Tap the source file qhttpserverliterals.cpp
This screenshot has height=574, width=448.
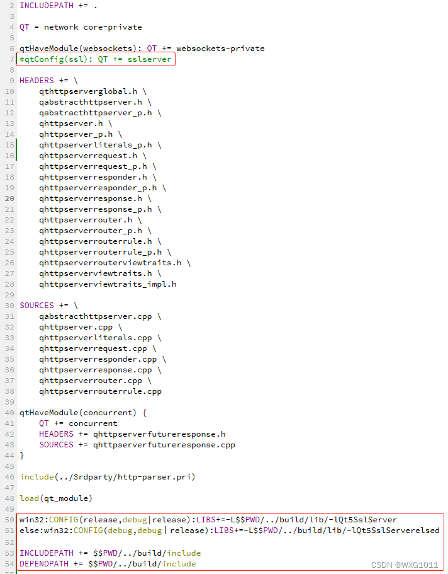96,338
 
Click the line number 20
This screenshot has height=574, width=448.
10,198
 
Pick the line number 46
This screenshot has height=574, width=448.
10,477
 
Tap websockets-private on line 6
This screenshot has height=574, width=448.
220,49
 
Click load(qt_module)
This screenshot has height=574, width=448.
56,498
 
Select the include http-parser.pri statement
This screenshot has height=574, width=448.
107,477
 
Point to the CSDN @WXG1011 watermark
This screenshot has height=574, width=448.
404,565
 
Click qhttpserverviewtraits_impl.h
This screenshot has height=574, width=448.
108,284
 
